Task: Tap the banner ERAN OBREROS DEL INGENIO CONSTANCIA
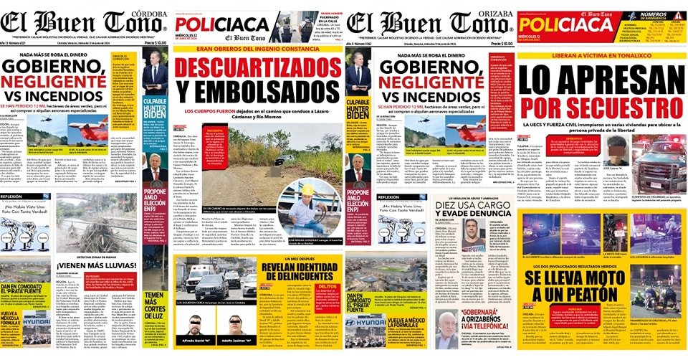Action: tap(259, 49)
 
